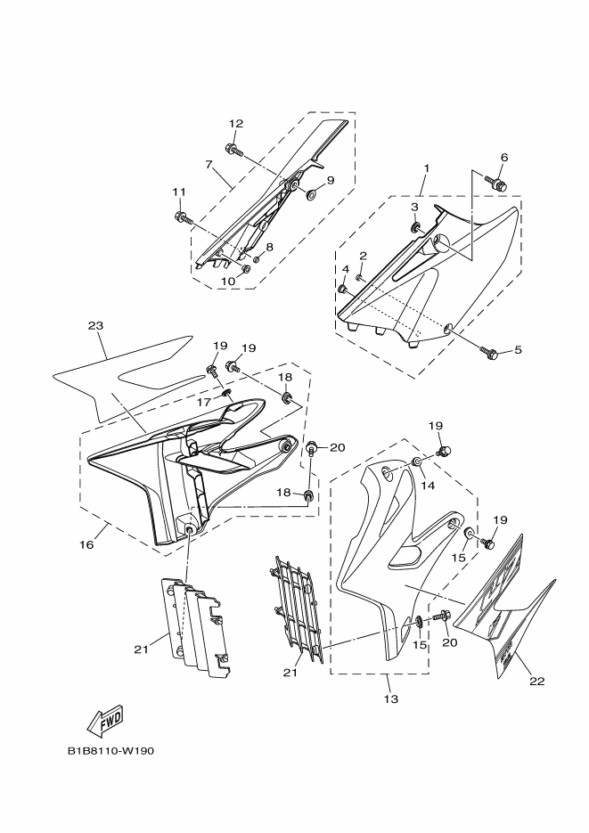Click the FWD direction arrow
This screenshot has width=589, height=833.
pyautogui.click(x=105, y=722)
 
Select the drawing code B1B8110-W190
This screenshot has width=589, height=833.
pyautogui.click(x=111, y=751)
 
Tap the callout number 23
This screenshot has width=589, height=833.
pyautogui.click(x=95, y=326)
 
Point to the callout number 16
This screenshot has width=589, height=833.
pyautogui.click(x=86, y=544)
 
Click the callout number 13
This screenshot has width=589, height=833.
pyautogui.click(x=391, y=699)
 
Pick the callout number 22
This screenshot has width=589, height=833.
pyautogui.click(x=537, y=681)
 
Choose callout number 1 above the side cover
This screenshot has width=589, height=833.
pyautogui.click(x=426, y=167)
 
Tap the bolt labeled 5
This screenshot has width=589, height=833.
pyautogui.click(x=488, y=352)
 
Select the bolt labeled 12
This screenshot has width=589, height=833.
pyautogui.click(x=233, y=150)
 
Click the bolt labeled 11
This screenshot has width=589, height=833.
pyautogui.click(x=182, y=216)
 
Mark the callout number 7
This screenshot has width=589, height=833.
pyautogui.click(x=209, y=164)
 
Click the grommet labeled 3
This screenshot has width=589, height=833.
pyautogui.click(x=414, y=228)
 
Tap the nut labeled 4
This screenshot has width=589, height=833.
pyautogui.click(x=342, y=289)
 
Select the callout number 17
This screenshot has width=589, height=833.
pyautogui.click(x=204, y=402)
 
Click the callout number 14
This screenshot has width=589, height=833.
pyautogui.click(x=428, y=485)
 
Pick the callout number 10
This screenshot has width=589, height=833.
pyautogui.click(x=228, y=281)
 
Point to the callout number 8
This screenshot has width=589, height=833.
pyautogui.click(x=270, y=247)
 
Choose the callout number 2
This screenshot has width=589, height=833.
pyautogui.click(x=364, y=256)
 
